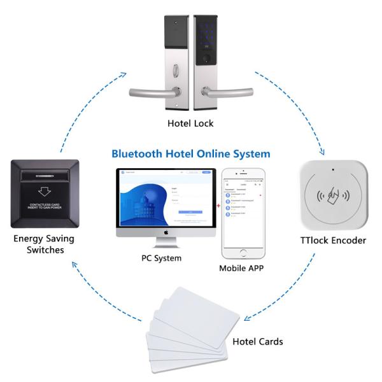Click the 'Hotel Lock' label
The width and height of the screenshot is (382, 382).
pyautogui.click(x=190, y=124)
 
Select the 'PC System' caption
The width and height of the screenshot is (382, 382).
pyautogui.click(x=161, y=258)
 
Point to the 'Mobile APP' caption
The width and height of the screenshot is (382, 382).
pyautogui.click(x=241, y=268)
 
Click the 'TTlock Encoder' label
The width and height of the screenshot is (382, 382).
pyautogui.click(x=332, y=241)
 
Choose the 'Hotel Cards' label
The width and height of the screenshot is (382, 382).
pyautogui.click(x=257, y=342)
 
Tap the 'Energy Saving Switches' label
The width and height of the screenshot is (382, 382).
pyautogui.click(x=43, y=244)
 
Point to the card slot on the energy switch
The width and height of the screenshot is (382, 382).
pyautogui.click(x=44, y=174)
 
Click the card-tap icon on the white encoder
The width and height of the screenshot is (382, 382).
pyautogui.click(x=333, y=199)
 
